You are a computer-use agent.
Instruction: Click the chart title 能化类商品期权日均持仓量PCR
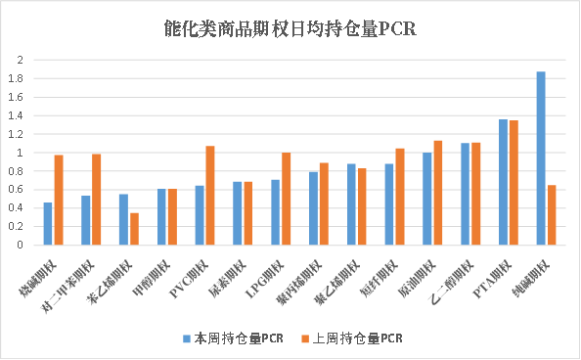[290, 28]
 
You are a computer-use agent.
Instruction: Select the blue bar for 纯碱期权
[540, 158]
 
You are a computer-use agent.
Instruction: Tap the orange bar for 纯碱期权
[552, 215]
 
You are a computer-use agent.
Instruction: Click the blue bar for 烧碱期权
[48, 224]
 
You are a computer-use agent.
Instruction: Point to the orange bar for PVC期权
[210, 196]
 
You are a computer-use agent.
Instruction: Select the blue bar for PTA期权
[503, 182]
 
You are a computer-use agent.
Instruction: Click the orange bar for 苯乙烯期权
[134, 229]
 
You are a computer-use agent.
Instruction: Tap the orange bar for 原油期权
[438, 193]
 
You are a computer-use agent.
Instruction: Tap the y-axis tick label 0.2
[17, 227]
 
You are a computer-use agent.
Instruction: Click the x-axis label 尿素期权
[241, 271]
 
